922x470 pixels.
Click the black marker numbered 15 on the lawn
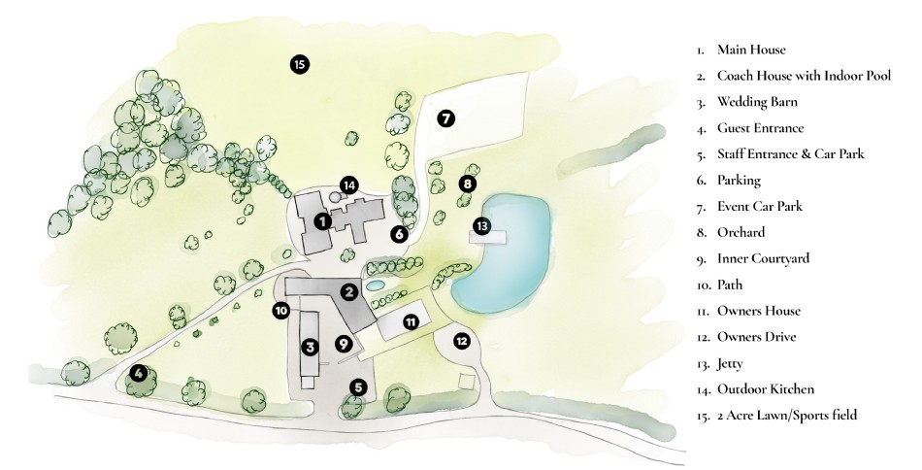coord(299,65)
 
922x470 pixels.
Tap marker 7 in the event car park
coord(445,118)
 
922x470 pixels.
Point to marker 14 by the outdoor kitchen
coord(349,185)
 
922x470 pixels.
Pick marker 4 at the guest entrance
coord(140,373)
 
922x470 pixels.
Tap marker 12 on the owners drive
coord(462,341)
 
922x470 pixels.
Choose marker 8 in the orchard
coord(467,183)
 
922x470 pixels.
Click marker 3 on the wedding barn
coord(310,347)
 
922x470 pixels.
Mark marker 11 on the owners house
coord(411,321)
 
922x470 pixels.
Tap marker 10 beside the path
coord(280,311)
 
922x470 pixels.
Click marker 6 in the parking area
coord(398,233)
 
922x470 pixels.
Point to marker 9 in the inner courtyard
coord(343,343)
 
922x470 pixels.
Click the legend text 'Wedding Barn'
coord(756,101)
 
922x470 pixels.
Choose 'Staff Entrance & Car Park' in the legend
coord(790,153)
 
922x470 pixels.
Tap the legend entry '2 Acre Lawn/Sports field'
coord(786,416)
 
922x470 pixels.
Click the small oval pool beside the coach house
coord(375,285)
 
